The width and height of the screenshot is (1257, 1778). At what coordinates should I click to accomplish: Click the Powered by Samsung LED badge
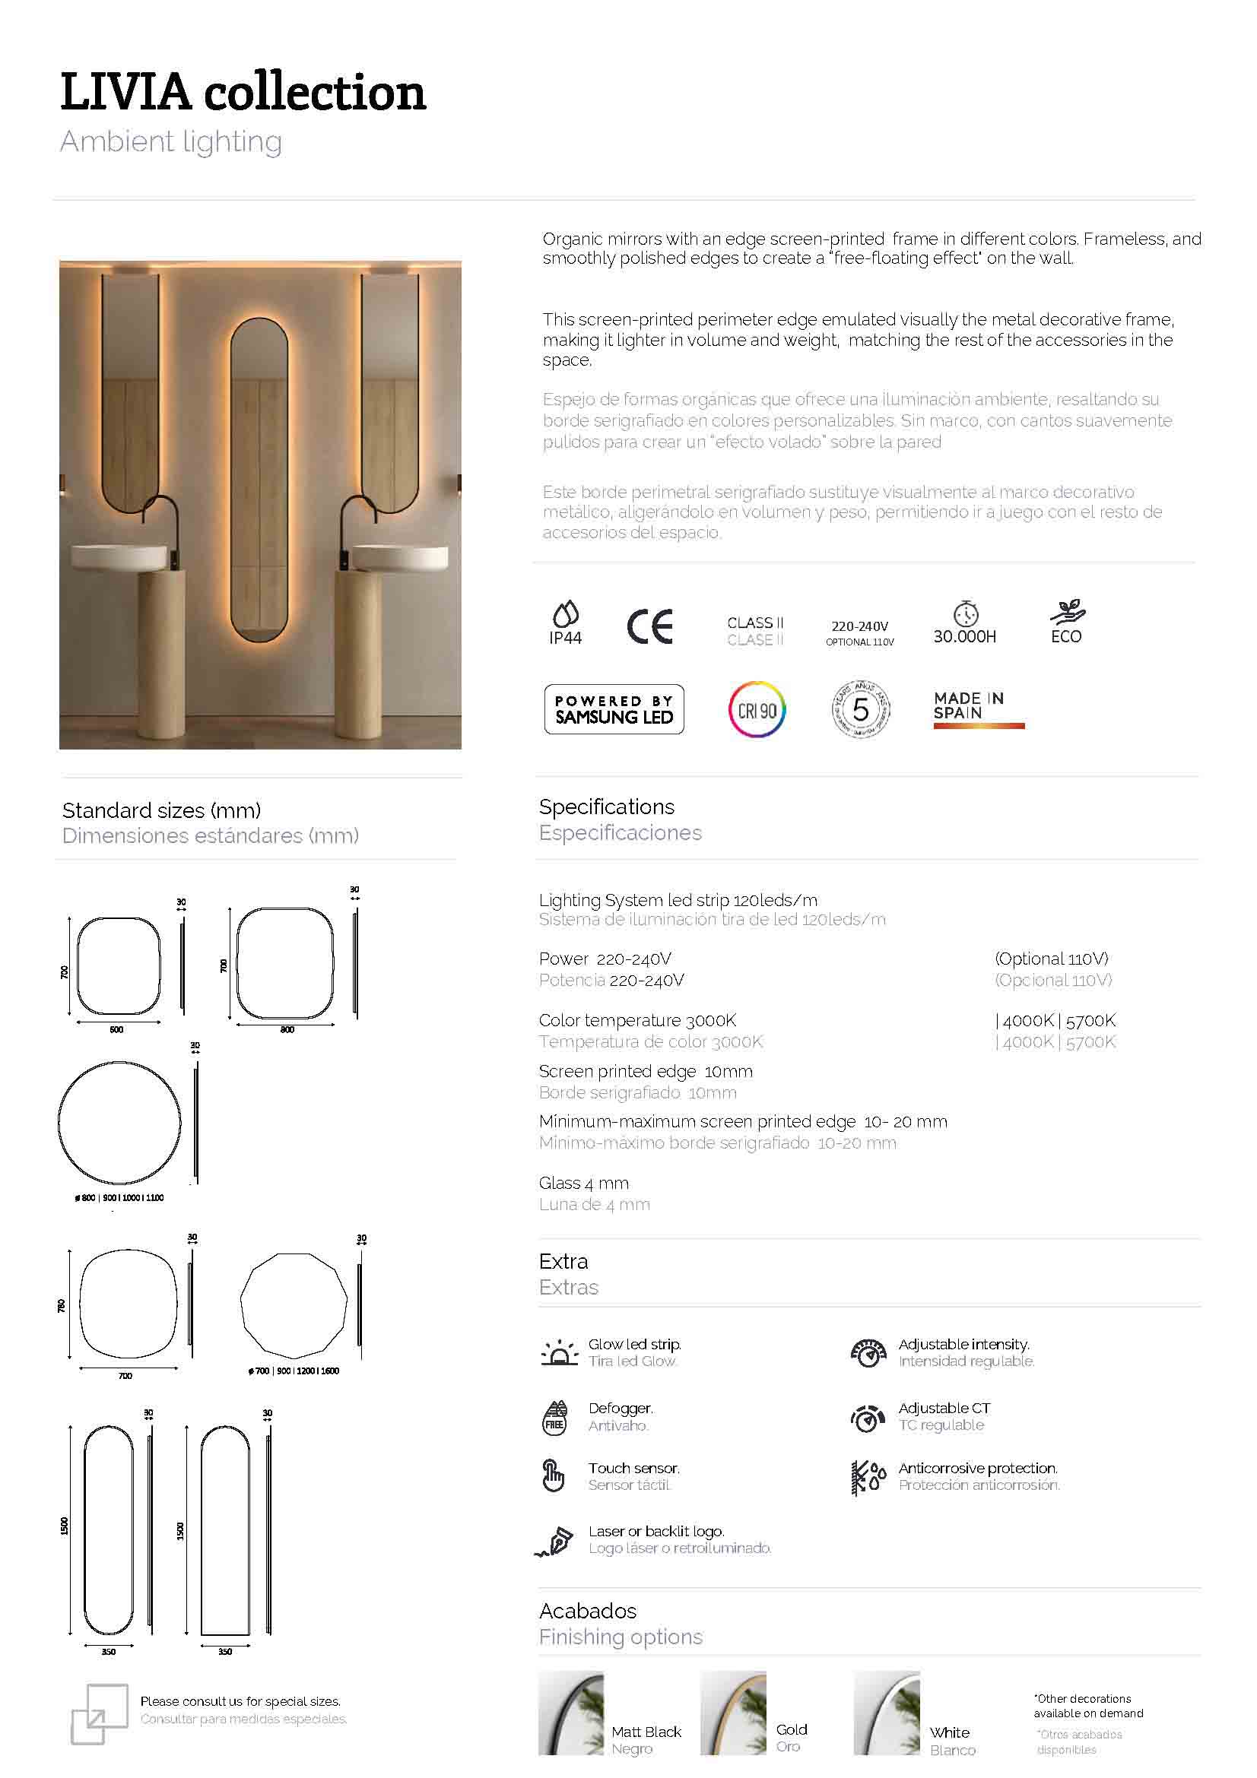coord(614,708)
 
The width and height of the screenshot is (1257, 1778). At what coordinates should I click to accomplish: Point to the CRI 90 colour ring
coord(757,709)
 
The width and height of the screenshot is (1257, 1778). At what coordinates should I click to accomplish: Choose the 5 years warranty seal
coord(861,708)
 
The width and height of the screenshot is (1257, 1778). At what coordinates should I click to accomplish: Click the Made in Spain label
coord(977,708)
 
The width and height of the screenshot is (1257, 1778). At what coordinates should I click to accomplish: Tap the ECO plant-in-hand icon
coord(1067,613)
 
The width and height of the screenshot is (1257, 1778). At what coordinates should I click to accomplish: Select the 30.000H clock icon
coord(965,613)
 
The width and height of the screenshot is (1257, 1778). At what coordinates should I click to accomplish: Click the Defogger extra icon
coord(554,1418)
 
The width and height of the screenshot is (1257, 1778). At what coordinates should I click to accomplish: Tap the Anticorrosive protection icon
coord(868,1478)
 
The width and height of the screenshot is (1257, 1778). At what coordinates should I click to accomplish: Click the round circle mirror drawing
coord(119,1122)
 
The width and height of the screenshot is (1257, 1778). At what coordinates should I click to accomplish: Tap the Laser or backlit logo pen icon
coord(554,1541)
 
